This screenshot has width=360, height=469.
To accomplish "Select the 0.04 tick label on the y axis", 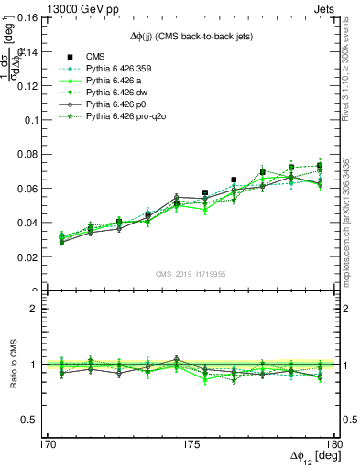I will (38, 223).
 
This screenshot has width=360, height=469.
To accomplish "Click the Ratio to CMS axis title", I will (16, 365).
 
